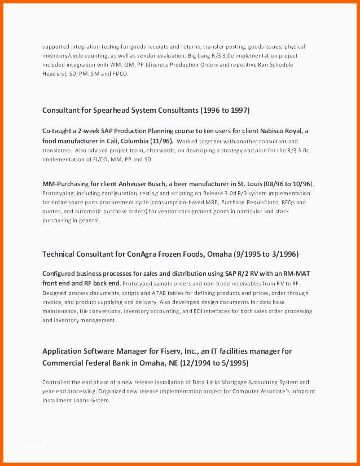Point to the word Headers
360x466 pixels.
pos(54,74)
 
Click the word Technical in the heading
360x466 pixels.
pos(60,254)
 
